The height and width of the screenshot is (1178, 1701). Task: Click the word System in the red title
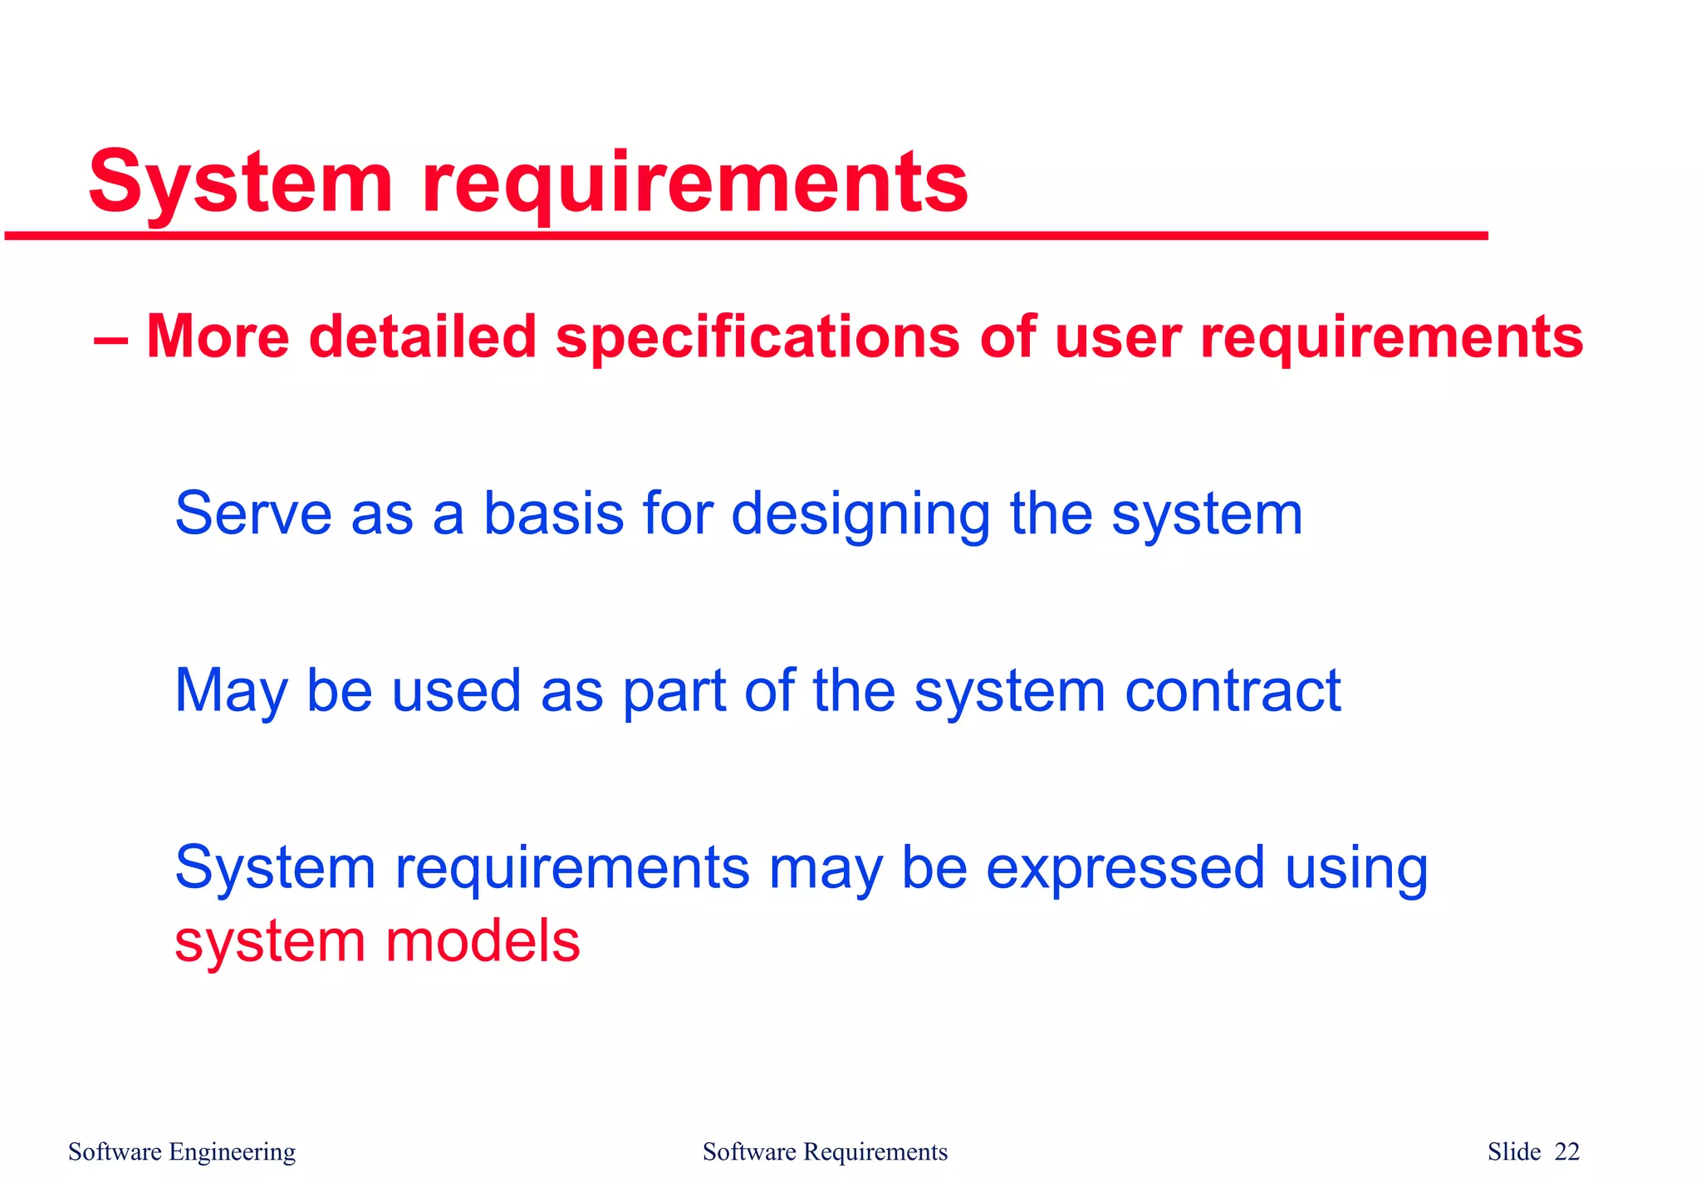click(240, 183)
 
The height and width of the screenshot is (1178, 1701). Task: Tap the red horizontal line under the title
click(746, 237)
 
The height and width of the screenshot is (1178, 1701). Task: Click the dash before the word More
click(110, 340)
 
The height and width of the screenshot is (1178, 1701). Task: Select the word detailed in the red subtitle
click(422, 337)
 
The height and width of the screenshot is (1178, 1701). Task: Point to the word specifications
click(757, 339)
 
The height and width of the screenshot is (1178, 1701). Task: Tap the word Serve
click(253, 513)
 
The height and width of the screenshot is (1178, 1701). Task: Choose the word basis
click(553, 513)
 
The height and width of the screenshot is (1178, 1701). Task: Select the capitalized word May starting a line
click(231, 691)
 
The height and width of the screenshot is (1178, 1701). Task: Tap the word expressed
click(1125, 869)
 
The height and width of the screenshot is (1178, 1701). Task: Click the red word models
click(483, 941)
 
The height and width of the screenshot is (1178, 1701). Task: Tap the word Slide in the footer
click(1514, 1152)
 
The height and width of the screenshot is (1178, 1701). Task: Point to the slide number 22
click(1567, 1152)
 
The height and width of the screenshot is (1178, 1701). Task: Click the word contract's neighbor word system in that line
click(1009, 693)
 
